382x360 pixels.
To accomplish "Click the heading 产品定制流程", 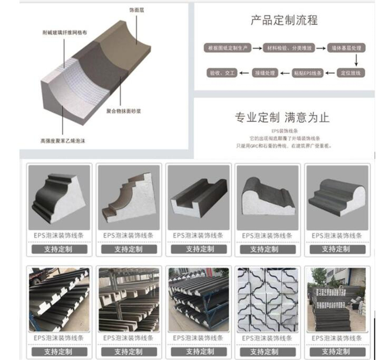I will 284,21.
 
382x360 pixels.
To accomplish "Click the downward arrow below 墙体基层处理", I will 349,61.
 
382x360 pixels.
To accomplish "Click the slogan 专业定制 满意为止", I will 282,118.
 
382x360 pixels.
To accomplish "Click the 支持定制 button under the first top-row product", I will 59,249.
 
